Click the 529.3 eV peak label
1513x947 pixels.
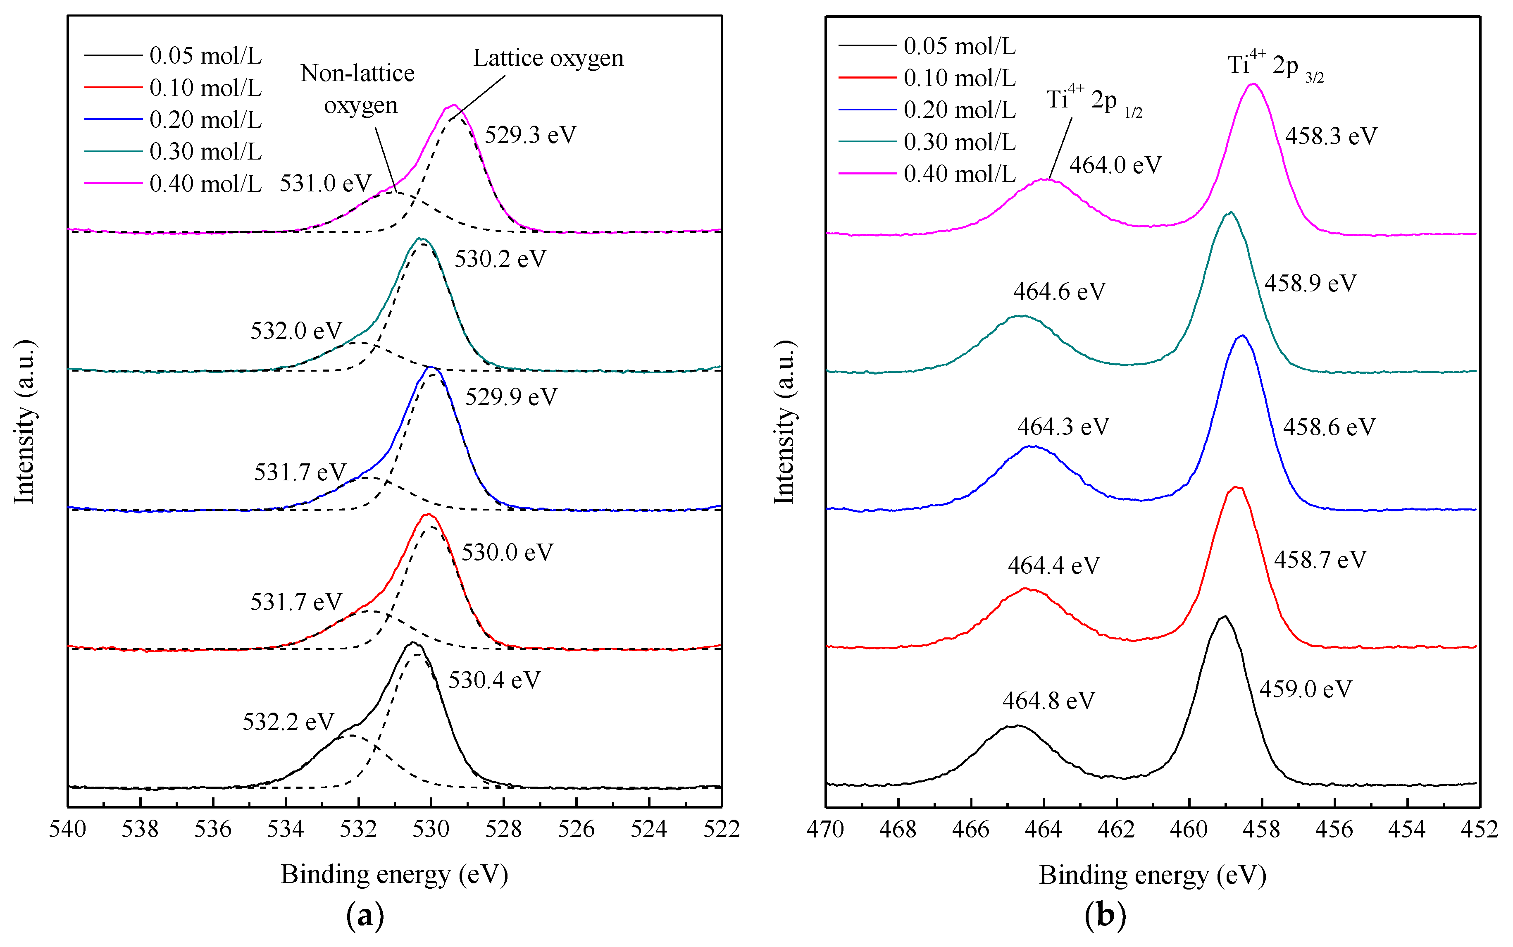(x=530, y=135)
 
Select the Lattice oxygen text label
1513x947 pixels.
(x=548, y=58)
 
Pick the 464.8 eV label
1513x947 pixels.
(x=1048, y=701)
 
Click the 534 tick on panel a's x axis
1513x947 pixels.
(x=286, y=829)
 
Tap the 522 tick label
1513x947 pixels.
(x=722, y=829)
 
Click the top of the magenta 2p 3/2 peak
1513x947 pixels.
(x=1253, y=84)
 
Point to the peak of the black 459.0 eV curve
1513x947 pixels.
(x=1224, y=616)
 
